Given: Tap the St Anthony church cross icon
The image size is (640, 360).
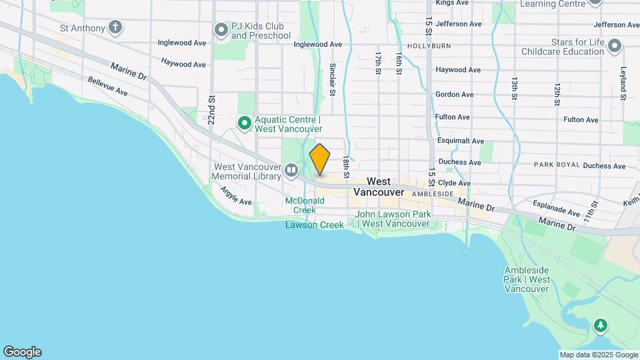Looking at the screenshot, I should (x=116, y=27).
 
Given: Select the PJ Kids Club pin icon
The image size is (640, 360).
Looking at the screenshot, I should (x=221, y=30).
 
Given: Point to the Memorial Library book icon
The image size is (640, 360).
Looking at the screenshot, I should (x=291, y=171).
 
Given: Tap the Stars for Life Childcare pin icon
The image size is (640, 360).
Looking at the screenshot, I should (x=615, y=47).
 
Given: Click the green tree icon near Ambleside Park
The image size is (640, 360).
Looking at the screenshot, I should (x=601, y=326).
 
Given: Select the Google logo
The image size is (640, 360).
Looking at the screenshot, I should (x=22, y=352).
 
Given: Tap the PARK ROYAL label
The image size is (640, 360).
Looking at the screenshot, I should (x=556, y=165).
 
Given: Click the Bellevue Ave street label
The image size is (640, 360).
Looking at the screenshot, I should (x=107, y=85).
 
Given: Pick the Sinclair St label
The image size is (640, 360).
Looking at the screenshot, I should (x=332, y=79).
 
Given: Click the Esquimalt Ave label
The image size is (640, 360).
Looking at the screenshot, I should (x=459, y=141).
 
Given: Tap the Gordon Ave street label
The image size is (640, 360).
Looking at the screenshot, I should (x=454, y=95).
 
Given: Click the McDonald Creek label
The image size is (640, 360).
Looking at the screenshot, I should (x=300, y=205).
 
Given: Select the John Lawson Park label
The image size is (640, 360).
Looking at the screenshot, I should (x=393, y=219).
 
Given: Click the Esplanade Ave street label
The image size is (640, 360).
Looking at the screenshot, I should (x=557, y=212).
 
